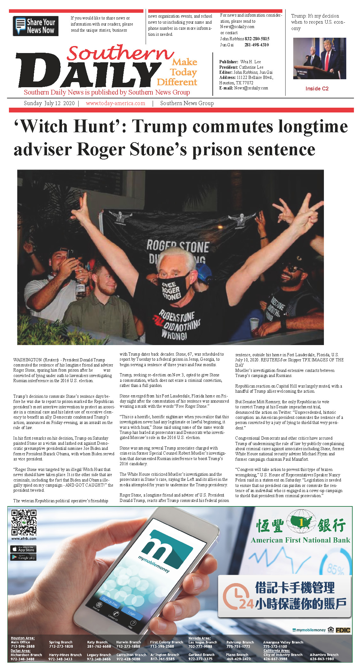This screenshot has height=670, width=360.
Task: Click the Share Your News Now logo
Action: (35, 26)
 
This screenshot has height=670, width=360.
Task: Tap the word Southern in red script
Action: (120, 53)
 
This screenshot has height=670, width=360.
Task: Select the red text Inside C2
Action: (317, 89)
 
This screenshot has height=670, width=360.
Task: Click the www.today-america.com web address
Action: (115, 103)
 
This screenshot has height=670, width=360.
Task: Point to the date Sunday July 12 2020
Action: (49, 103)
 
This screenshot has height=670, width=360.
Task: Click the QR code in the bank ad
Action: (24, 522)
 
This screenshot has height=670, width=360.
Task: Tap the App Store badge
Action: (24, 549)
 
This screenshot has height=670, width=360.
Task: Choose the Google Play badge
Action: (24, 558)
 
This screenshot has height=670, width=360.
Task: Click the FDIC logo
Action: (343, 630)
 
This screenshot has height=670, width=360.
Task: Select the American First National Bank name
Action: (300, 540)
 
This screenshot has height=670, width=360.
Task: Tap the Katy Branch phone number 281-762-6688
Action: (99, 646)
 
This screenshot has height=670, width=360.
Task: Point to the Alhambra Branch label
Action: (324, 655)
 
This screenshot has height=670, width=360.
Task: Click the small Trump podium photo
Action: (319, 58)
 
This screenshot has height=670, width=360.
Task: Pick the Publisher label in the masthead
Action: (228, 62)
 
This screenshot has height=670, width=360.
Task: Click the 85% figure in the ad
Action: (335, 569)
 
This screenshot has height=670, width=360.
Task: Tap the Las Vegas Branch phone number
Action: (200, 646)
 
